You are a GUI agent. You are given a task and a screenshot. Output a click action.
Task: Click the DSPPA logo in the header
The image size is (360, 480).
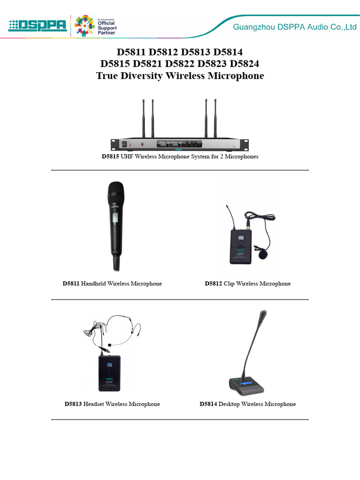[38, 25]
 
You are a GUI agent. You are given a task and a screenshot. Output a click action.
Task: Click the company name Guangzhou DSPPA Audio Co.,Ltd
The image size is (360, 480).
[295, 28]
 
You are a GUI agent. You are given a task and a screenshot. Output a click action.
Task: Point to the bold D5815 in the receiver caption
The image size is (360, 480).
[111, 157]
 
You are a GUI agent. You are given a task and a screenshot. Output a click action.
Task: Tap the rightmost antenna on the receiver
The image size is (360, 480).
[215, 117]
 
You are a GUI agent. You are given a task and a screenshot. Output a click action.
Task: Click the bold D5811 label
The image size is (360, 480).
[71, 284]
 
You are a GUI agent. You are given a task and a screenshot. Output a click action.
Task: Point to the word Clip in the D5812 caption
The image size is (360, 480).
[229, 284]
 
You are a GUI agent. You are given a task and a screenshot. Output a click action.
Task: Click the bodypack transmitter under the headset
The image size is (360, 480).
[109, 373]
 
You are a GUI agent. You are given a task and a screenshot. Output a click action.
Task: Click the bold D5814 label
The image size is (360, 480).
[208, 404]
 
